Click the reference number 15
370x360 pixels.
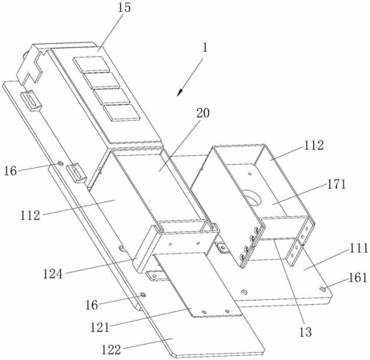124,7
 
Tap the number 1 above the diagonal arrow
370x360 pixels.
205,48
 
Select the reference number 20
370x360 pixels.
203,114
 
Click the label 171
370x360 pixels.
336,184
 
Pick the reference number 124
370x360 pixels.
53,274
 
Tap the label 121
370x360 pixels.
100,328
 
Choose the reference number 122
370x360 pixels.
111,350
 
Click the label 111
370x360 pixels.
359,249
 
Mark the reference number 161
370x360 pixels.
358,278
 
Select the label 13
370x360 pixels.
305,332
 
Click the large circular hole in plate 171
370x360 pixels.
251,198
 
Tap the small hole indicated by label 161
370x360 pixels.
323,289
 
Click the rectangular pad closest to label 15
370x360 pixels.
91,64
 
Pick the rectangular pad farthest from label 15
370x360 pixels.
122,113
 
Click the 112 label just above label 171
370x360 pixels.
313,146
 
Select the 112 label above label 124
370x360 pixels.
30,215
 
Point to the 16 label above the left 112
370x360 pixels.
10,171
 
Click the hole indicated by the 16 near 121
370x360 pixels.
143,294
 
